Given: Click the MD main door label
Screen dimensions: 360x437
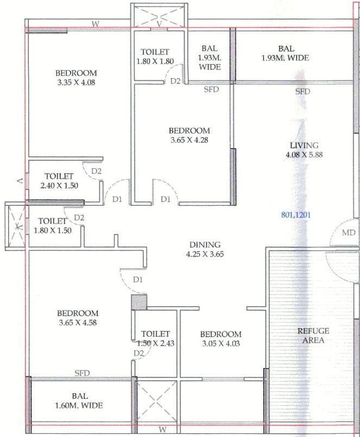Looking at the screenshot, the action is tap(349, 232).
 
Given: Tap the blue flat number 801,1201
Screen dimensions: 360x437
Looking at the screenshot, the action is tap(295, 215).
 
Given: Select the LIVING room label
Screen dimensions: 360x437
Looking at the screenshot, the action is tap(304, 145).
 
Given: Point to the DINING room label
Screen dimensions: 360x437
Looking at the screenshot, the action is tap(205, 245).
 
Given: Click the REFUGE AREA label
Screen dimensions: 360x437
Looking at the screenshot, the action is tap(313, 335).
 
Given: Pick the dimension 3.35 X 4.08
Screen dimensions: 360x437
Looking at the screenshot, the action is tap(76, 83).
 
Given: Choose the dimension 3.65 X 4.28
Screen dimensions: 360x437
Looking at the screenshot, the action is tap(190, 140).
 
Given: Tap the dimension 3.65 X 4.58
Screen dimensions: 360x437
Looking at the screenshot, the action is tap(78, 322).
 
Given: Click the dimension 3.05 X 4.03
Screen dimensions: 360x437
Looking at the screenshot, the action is tap(221, 343).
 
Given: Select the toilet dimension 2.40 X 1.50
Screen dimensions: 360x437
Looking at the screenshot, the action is tap(59, 185).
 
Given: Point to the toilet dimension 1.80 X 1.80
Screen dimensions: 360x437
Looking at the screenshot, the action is tap(155, 61).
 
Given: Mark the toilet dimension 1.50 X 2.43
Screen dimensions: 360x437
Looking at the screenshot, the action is tap(156, 343).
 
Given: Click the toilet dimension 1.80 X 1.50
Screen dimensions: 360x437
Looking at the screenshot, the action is tap(53, 230).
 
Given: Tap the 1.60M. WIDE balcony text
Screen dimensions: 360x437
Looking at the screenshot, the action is tap(79, 405).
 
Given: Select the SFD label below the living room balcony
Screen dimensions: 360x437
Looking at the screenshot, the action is tap(303, 91).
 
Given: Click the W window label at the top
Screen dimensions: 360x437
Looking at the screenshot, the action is tap(96, 24).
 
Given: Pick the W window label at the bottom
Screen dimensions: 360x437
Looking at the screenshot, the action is tap(162, 429).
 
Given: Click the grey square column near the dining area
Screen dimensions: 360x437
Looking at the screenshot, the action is tap(139, 302).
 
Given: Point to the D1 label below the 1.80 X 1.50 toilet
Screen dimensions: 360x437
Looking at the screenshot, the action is tap(138, 280).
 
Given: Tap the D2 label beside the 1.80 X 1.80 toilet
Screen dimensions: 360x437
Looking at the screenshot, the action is tap(175, 81).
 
